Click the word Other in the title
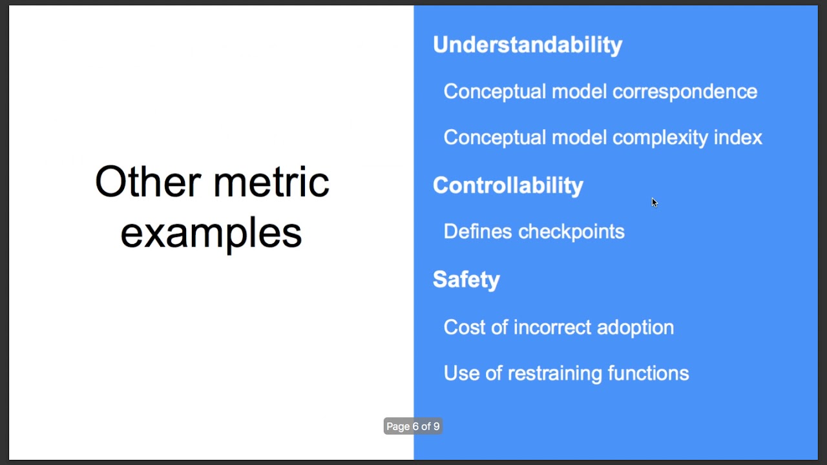coord(148,181)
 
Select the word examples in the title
coord(211,232)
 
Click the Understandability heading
coord(527,45)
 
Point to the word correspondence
coord(684,92)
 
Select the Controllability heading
coord(508,185)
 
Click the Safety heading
coord(466,280)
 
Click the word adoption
coord(635,327)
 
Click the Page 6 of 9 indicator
coord(413,426)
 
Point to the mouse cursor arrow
coord(654,202)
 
